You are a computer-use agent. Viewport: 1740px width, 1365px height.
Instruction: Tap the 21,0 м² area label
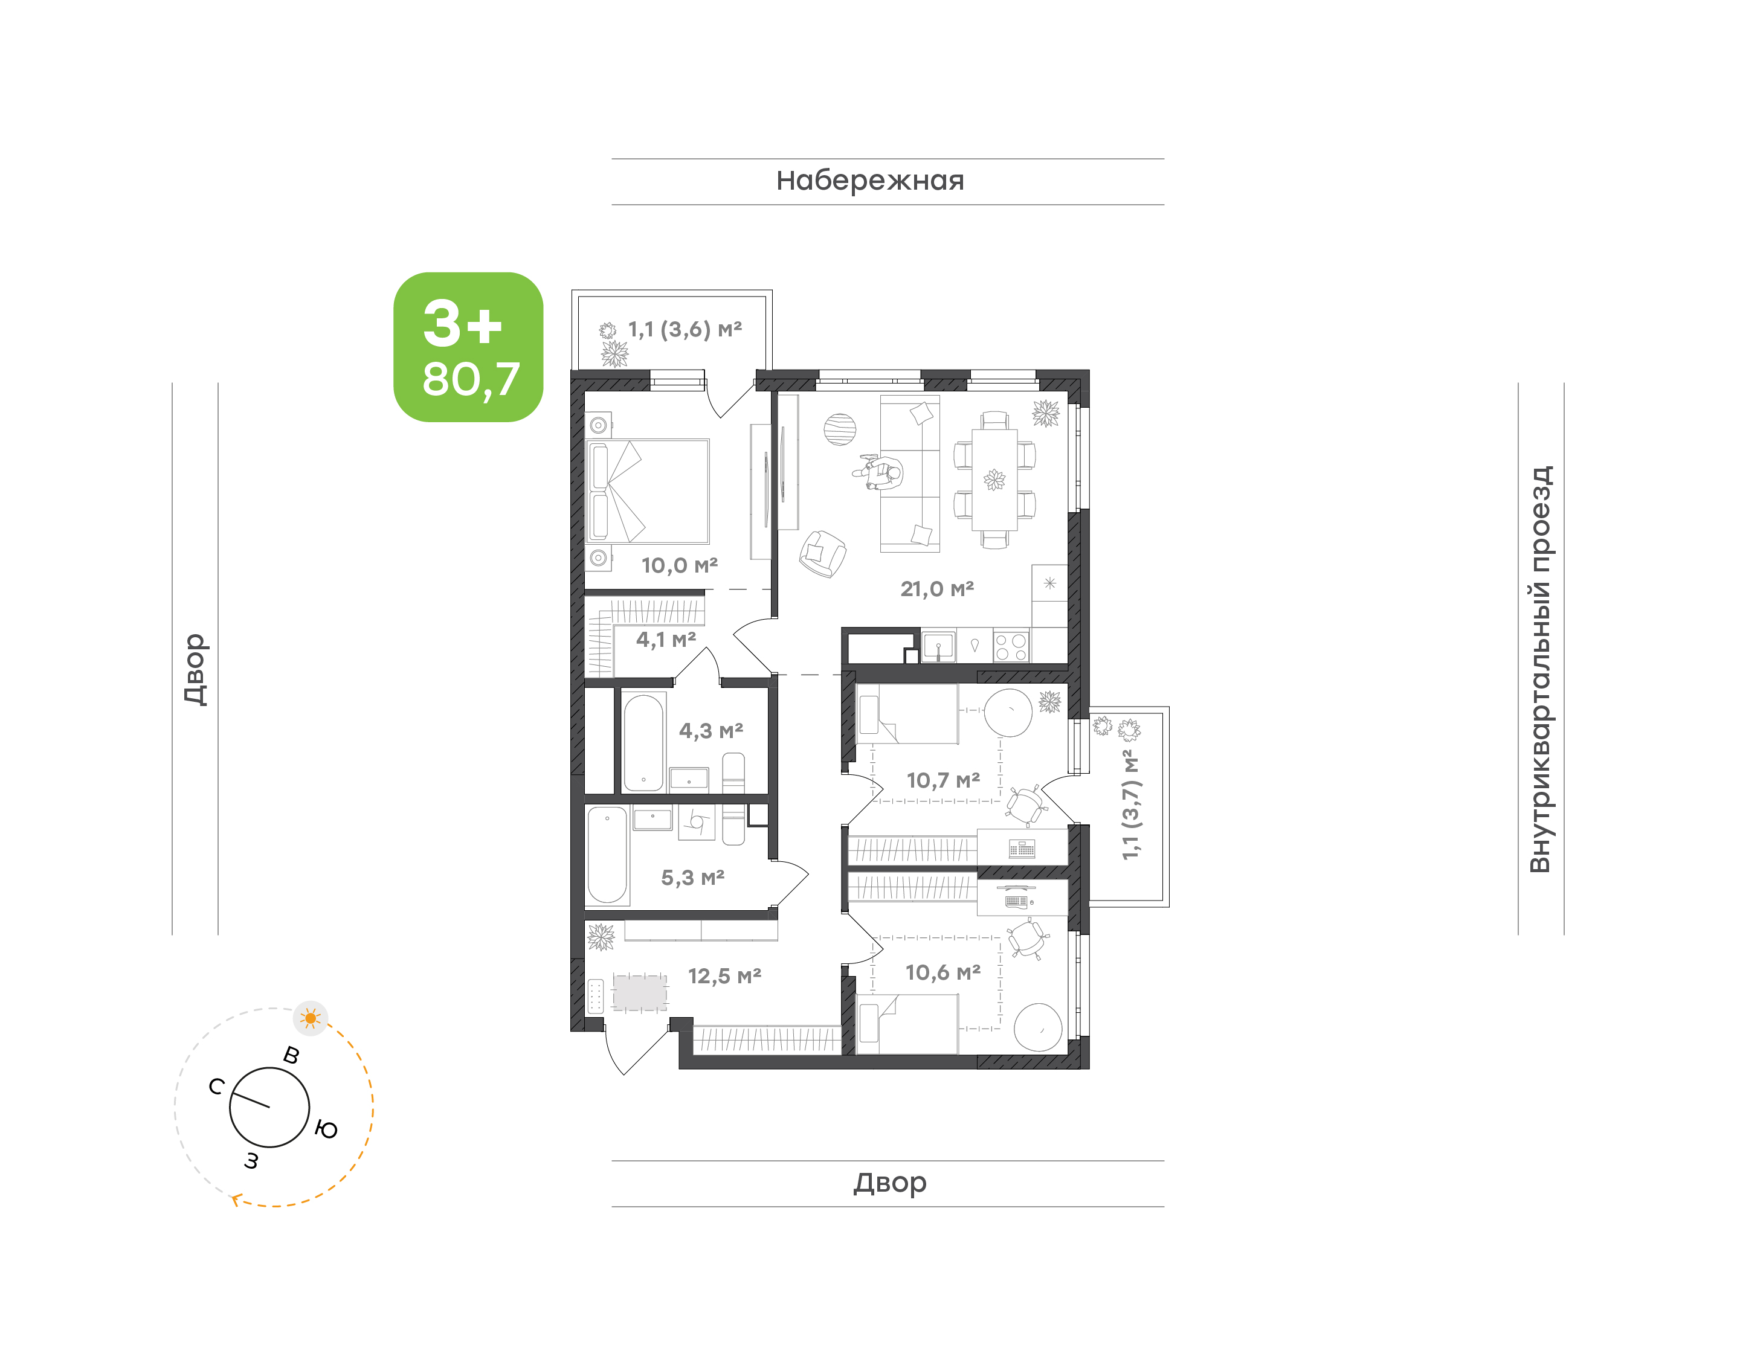936,589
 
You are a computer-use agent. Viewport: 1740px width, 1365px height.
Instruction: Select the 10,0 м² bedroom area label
679,566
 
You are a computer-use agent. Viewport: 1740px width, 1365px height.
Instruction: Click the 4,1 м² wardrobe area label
666,640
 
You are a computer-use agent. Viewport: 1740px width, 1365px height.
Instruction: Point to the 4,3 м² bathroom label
710,730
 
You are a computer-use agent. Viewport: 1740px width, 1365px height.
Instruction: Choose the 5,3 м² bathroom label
692,878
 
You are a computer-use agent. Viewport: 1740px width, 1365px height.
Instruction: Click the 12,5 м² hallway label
724,976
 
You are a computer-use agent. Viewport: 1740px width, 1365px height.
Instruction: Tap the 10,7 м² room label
943,780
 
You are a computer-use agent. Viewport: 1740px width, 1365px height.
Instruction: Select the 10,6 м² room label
943,972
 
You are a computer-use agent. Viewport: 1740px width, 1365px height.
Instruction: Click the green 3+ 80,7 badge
468,347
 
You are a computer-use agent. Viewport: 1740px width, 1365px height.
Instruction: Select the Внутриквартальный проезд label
1540,669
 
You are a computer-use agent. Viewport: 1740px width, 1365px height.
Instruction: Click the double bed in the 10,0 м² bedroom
648,492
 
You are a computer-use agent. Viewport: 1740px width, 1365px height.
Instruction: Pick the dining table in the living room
994,480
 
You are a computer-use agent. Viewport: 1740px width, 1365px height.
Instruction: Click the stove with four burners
1011,646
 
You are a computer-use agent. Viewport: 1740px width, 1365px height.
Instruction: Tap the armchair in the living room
822,554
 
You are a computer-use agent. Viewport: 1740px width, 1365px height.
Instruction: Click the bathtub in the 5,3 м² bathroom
607,854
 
